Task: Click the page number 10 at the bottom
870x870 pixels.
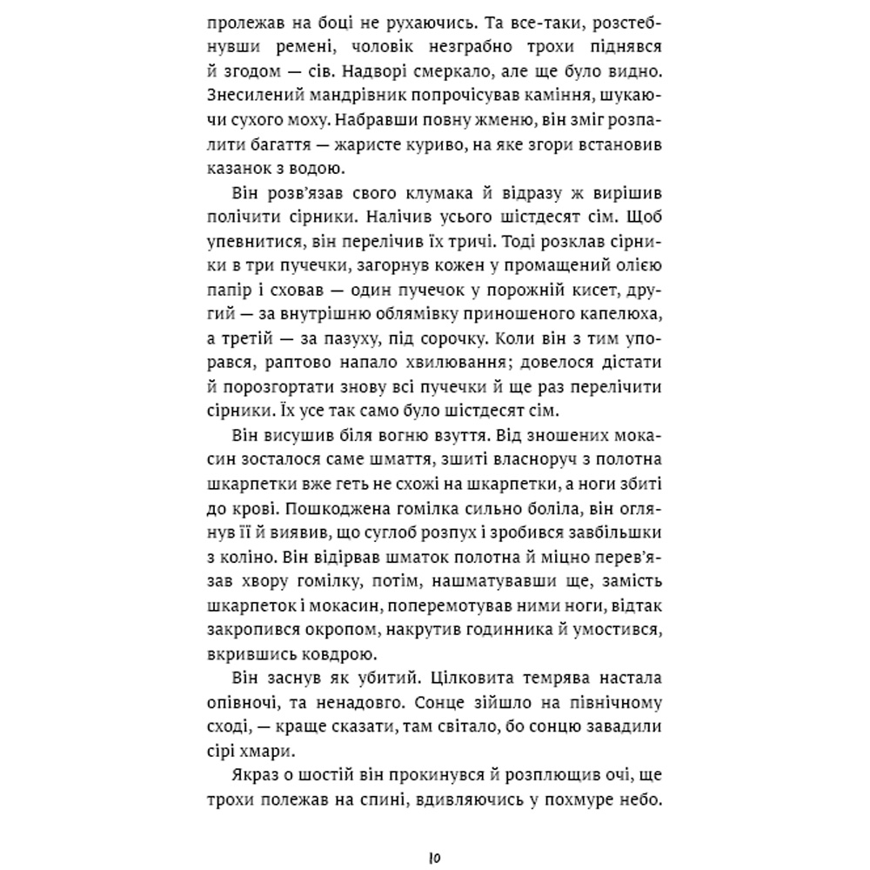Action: point(436,858)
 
